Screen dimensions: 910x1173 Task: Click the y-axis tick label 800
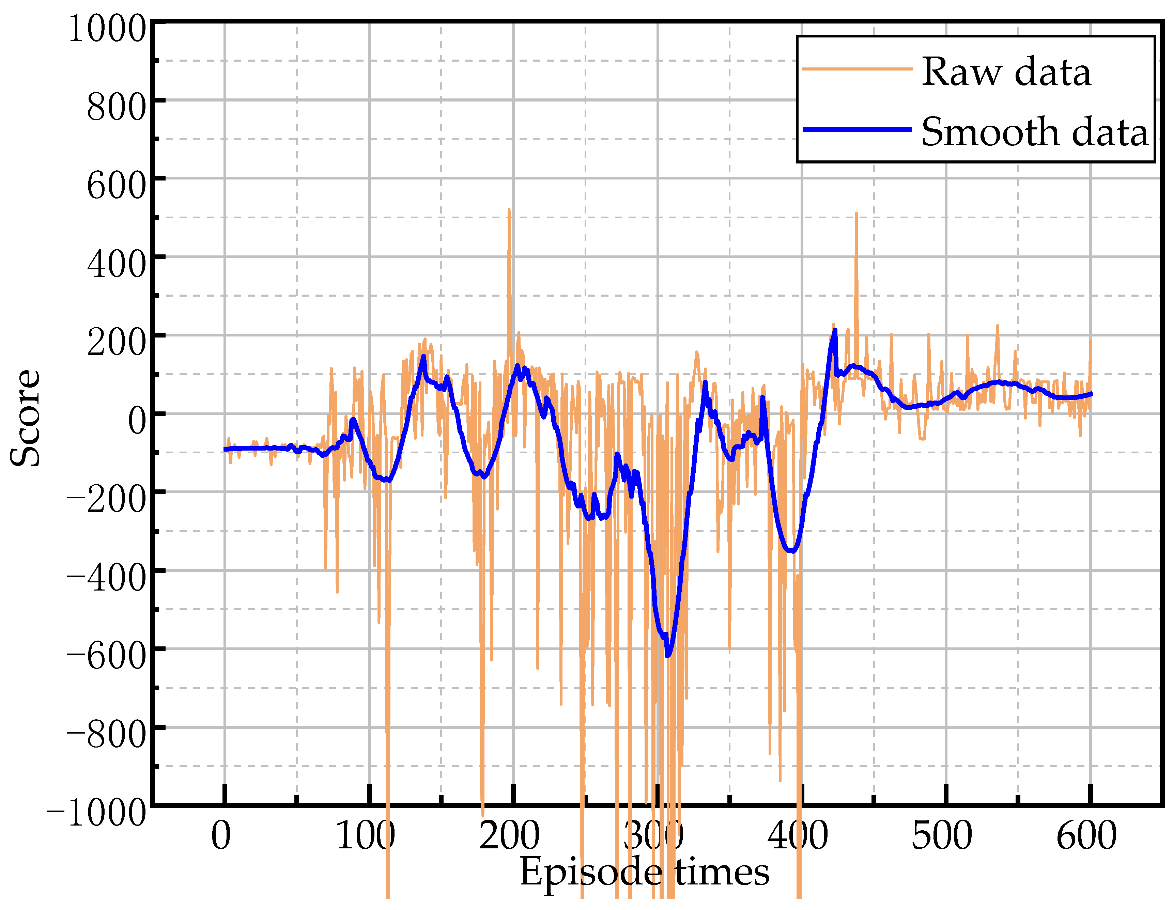(117, 107)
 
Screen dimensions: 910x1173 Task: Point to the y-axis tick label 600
(117, 186)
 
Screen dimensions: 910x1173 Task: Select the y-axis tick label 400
(117, 264)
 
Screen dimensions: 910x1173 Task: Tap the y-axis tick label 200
(117, 343)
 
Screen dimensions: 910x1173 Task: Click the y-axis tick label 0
(137, 421)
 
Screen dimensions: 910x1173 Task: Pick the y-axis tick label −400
(106, 578)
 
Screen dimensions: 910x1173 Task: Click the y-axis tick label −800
(106, 735)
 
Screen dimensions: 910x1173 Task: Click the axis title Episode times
(645, 873)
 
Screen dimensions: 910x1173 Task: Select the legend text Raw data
(1006, 72)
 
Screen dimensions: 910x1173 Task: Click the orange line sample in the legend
(856, 69)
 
